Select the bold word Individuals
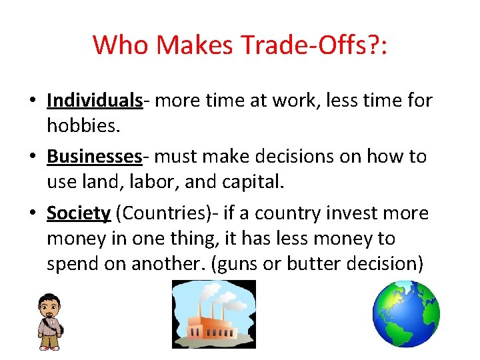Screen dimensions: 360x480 (x=95, y=101)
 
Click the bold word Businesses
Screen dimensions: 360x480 (x=94, y=157)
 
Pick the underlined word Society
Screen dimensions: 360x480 (x=78, y=213)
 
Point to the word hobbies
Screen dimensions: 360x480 (x=77, y=126)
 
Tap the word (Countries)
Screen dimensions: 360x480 (x=169, y=213)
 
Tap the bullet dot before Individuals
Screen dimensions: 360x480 (x=33, y=101)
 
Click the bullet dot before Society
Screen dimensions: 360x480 (x=33, y=214)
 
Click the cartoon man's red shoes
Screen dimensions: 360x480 (x=49, y=347)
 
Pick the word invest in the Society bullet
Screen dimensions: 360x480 (x=337, y=213)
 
